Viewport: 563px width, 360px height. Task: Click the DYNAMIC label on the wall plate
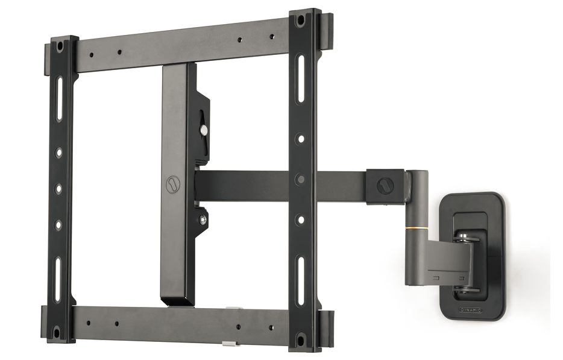tap(471, 309)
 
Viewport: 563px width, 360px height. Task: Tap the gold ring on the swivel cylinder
tap(417, 228)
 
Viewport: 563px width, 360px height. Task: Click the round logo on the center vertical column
tap(173, 185)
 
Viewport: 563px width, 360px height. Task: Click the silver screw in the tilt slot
tap(204, 129)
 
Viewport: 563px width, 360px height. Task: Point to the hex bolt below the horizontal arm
tap(203, 218)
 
